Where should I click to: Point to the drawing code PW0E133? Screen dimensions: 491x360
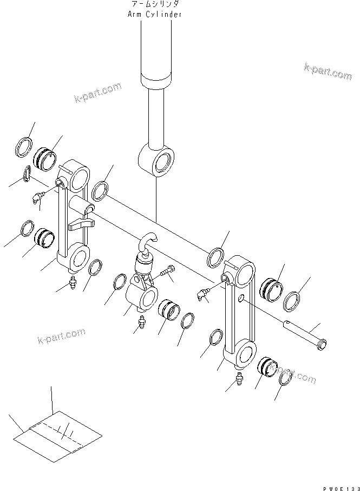point(337,484)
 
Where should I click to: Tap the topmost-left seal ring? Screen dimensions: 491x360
point(25,147)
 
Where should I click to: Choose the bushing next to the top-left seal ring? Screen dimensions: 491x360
point(44,158)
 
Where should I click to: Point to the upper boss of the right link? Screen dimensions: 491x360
point(242,269)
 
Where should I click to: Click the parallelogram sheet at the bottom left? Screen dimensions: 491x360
point(57,434)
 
